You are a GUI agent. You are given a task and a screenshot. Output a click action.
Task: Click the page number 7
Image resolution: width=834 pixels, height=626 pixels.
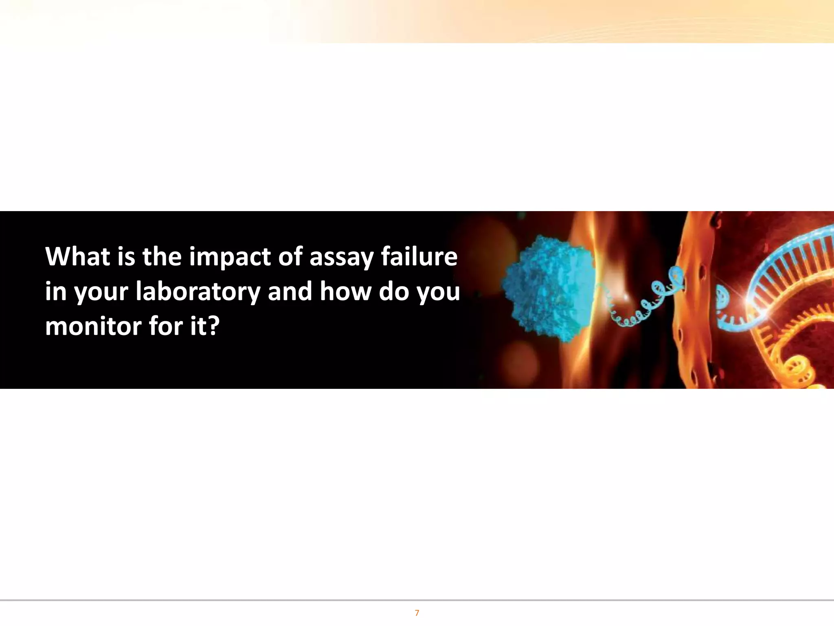click(x=417, y=613)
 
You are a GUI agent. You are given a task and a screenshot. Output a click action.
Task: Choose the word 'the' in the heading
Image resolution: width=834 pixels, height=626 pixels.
click(x=162, y=257)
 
